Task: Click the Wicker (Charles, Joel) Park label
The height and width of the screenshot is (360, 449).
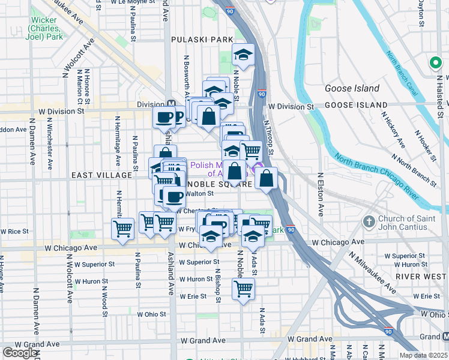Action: (x=46, y=28)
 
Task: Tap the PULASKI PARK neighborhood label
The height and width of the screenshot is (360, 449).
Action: (x=202, y=40)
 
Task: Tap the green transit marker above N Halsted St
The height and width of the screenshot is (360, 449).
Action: (x=435, y=62)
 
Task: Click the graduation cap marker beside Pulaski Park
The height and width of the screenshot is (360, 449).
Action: (x=243, y=55)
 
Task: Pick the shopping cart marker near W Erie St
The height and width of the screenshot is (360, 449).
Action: (x=243, y=289)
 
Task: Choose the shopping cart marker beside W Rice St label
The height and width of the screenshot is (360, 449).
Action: (x=122, y=229)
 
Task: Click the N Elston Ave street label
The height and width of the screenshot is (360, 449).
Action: (x=321, y=195)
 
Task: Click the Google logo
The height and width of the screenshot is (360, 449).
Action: (x=19, y=352)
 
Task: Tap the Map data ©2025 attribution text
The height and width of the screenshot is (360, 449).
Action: (x=423, y=355)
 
